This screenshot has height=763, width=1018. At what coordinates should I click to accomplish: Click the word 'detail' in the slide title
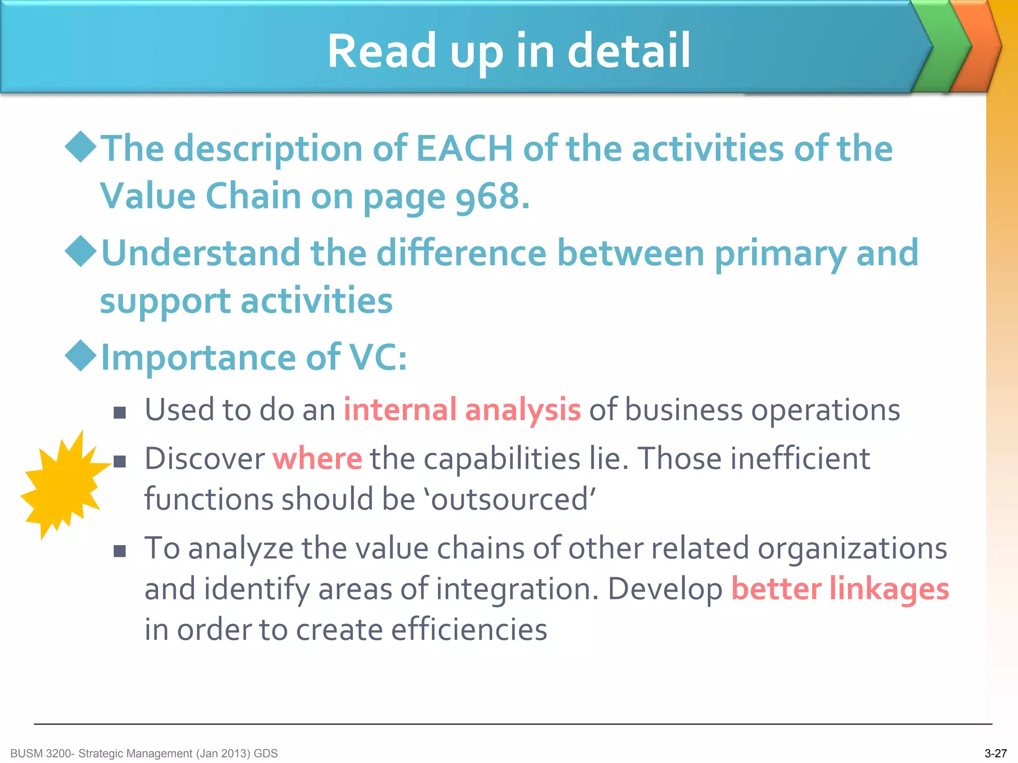click(x=629, y=51)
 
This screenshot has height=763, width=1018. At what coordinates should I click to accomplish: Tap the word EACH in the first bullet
click(x=464, y=149)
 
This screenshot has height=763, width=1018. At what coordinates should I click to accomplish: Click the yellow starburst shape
click(x=63, y=485)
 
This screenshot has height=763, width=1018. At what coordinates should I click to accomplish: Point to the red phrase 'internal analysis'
click(x=462, y=410)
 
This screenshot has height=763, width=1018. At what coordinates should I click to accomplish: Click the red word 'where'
click(x=318, y=458)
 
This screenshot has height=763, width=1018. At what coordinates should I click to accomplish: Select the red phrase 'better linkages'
click(x=840, y=589)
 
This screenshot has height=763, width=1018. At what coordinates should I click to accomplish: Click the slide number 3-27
click(x=995, y=754)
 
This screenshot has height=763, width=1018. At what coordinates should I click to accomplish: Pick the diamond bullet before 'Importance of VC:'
click(x=81, y=356)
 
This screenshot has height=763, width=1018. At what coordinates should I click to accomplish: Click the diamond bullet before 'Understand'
click(x=81, y=252)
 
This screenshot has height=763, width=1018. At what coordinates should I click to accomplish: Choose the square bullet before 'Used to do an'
click(x=119, y=412)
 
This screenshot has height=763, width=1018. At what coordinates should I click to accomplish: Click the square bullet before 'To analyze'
click(x=119, y=550)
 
